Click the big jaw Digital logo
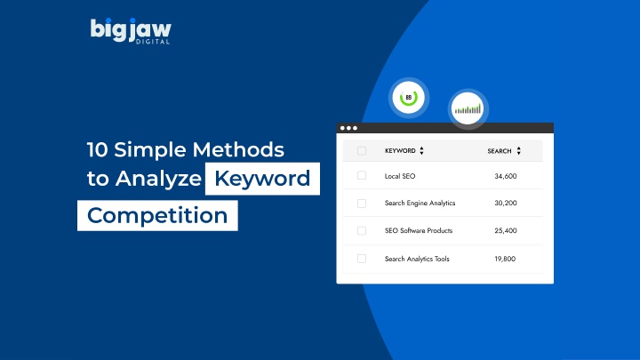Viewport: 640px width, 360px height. click(x=131, y=31)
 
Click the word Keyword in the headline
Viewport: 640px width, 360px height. click(x=262, y=179)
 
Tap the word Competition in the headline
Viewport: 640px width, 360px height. click(x=157, y=215)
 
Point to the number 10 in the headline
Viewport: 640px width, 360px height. click(x=97, y=149)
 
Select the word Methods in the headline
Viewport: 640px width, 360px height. click(x=238, y=149)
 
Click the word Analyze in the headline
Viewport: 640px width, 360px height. click(x=158, y=179)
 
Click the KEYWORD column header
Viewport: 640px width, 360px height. click(x=400, y=150)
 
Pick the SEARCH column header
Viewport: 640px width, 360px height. click(x=500, y=151)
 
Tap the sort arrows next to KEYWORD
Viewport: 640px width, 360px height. click(x=421, y=150)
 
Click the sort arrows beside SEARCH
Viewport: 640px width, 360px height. click(x=518, y=150)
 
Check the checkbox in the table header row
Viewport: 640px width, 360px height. click(x=362, y=150)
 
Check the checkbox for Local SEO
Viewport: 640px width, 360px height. click(x=362, y=175)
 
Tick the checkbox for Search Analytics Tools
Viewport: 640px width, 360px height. click(x=362, y=259)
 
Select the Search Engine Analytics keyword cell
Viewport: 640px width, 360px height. click(x=420, y=203)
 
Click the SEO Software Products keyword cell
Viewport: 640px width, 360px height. click(x=419, y=230)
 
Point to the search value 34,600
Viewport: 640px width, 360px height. click(x=505, y=176)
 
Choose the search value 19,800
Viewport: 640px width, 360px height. click(x=505, y=259)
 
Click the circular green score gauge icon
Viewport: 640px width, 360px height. click(x=408, y=98)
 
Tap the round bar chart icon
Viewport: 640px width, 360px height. click(x=468, y=108)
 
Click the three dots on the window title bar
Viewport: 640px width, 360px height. click(x=348, y=128)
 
